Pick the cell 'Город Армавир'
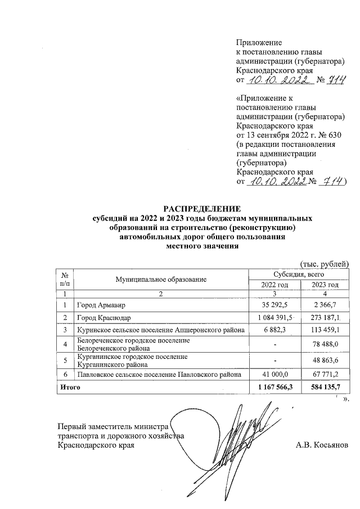(x=98, y=305)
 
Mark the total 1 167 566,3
(x=275, y=388)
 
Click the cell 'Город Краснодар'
(x=101, y=318)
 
